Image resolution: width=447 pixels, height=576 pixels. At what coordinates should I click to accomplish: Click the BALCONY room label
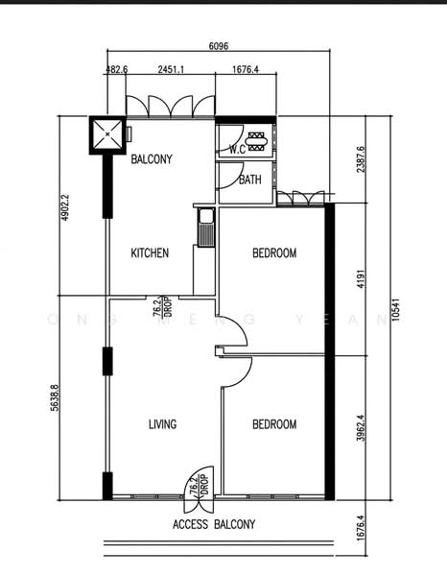click(x=152, y=159)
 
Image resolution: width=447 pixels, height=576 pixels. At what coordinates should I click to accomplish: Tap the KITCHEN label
click(x=150, y=252)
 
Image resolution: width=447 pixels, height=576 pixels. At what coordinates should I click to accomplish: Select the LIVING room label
click(x=162, y=424)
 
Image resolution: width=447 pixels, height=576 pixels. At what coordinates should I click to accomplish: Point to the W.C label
click(x=238, y=150)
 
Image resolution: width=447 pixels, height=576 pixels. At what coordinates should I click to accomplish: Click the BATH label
click(x=250, y=180)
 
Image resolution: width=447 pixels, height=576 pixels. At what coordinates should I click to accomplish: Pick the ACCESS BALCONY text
click(x=214, y=524)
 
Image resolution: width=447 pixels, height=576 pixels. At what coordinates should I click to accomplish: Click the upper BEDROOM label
click(x=274, y=252)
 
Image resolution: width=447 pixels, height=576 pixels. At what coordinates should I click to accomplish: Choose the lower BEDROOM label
click(x=274, y=424)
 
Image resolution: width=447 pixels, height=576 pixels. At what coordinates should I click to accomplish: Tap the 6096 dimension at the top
click(x=219, y=46)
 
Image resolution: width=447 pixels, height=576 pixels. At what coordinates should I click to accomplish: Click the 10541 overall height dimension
click(x=395, y=310)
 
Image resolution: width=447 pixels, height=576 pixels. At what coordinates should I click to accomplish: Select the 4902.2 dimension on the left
click(x=65, y=207)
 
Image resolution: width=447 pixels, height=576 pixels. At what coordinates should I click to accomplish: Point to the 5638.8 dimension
click(x=55, y=397)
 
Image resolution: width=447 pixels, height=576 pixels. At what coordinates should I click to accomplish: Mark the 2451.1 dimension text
click(x=171, y=69)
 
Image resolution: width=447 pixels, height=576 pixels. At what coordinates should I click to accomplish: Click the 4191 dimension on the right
click(x=361, y=279)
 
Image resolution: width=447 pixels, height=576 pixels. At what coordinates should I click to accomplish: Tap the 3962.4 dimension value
click(x=361, y=428)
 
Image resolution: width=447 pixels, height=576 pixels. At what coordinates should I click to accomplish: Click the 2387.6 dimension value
click(x=361, y=159)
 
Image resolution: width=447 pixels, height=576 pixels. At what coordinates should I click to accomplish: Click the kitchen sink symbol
click(x=206, y=227)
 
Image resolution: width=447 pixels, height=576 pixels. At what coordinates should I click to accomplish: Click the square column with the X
click(x=107, y=134)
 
